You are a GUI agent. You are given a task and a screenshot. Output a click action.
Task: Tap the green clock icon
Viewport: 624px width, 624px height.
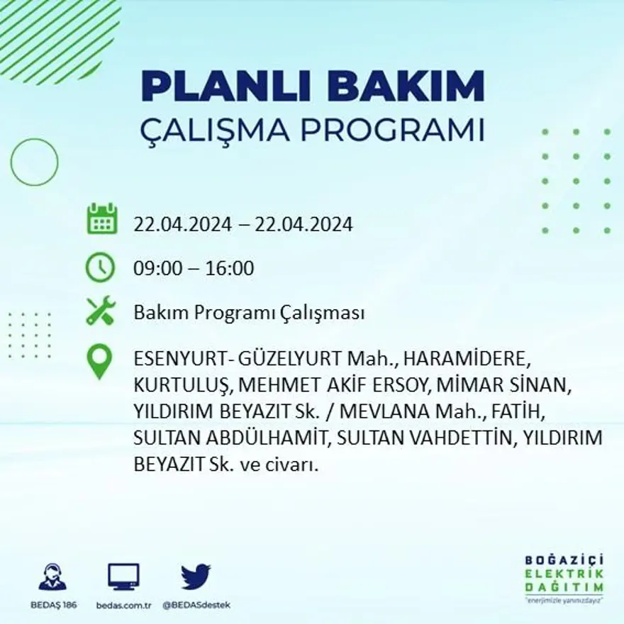(100, 268)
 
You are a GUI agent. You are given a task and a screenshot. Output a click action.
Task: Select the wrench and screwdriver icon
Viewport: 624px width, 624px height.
(100, 311)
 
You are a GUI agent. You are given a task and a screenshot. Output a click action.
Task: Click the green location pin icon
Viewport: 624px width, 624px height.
(99, 360)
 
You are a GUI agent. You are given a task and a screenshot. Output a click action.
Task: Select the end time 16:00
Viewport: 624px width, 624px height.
(230, 269)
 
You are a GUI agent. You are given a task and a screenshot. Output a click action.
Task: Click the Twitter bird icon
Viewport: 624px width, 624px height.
(196, 576)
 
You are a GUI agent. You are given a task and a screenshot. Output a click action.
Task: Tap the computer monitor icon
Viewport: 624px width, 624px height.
(123, 576)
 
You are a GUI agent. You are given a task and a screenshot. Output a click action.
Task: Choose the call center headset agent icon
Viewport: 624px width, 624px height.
(52, 577)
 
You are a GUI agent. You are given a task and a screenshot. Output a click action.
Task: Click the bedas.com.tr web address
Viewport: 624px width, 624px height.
(123, 605)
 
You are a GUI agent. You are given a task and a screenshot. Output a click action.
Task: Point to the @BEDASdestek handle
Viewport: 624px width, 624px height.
(196, 605)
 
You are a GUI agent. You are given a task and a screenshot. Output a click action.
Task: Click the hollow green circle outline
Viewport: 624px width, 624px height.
(34, 162)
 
